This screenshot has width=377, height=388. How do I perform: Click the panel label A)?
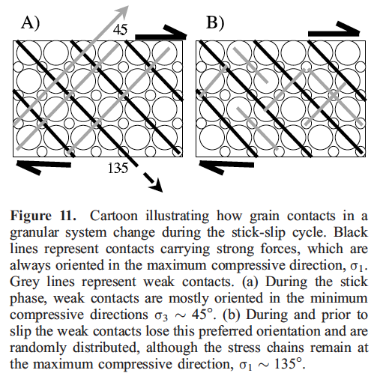click(30, 22)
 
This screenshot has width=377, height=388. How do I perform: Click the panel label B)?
click(215, 22)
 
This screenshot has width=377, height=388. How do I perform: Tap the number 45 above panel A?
click(120, 29)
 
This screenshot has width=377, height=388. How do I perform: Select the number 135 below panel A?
click(118, 168)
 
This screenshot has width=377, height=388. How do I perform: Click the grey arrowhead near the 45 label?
click(122, 10)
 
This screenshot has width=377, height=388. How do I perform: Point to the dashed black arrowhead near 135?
click(157, 186)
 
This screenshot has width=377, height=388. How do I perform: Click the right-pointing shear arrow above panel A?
click(161, 33)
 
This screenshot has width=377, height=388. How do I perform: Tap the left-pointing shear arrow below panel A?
click(43, 166)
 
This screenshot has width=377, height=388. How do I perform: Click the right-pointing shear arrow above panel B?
click(334, 30)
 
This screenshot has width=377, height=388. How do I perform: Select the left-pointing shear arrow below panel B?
click(226, 166)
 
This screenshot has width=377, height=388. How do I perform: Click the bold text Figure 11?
click(43, 216)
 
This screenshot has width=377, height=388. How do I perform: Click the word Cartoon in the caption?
click(114, 216)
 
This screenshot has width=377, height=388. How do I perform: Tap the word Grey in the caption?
click(25, 282)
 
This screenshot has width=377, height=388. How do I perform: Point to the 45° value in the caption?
click(202, 315)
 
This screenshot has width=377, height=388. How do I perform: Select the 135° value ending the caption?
click(289, 364)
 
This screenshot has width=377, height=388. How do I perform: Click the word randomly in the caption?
click(38, 348)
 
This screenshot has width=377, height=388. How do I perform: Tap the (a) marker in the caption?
click(250, 282)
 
